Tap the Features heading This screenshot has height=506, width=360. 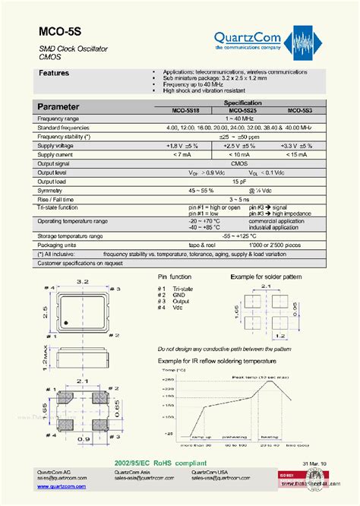(x=54, y=74)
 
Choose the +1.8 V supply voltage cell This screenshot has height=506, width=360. (x=182, y=145)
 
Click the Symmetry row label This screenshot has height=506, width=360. (x=52, y=188)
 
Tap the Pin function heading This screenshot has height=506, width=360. (x=176, y=279)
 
